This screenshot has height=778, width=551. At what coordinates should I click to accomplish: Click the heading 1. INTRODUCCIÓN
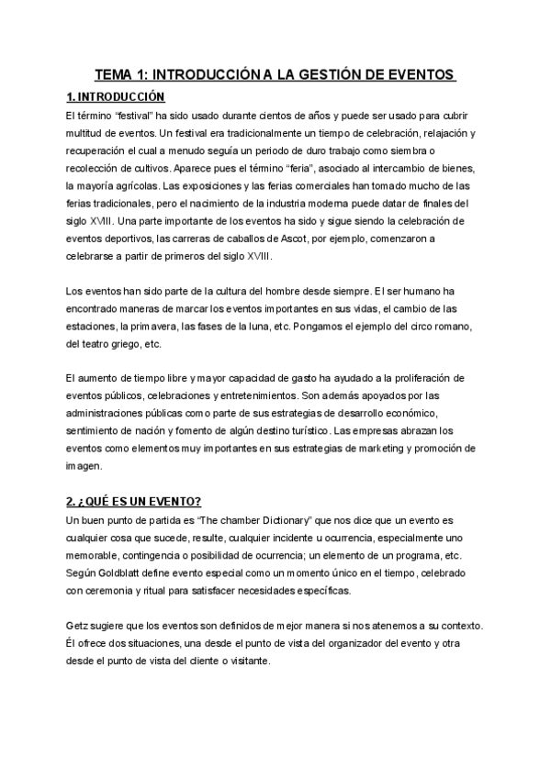(x=116, y=96)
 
